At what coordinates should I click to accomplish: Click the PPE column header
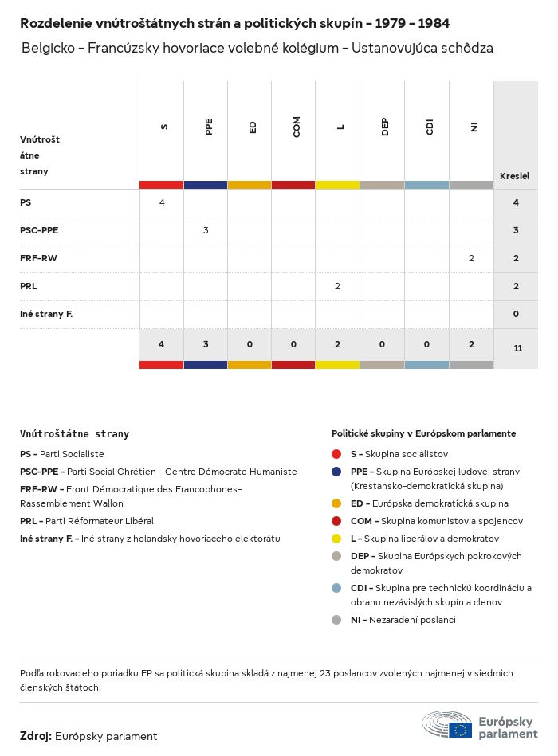[x=209, y=127]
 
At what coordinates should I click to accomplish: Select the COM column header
[x=297, y=127]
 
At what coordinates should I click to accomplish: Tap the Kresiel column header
[x=514, y=176]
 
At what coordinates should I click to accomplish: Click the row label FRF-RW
[x=38, y=258]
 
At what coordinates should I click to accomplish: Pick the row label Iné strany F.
[x=46, y=314]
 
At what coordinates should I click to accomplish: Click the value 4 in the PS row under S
[x=162, y=202]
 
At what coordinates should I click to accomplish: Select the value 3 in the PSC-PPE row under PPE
[x=206, y=230]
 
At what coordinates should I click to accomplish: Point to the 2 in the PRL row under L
[x=337, y=286]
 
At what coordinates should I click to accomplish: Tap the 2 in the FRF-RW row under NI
[x=471, y=258]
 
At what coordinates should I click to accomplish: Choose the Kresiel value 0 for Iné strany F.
[x=516, y=314]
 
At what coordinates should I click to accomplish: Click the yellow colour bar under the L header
[x=337, y=185]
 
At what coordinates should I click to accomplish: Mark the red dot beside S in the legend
[x=336, y=454]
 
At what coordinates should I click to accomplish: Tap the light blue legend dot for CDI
[x=336, y=588]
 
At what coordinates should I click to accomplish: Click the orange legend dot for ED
[x=336, y=503]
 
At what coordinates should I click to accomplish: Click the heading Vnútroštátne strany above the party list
[x=74, y=434]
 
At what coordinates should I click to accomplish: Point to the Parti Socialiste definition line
[x=62, y=454]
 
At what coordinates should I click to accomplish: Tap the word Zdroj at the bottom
[x=35, y=736]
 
